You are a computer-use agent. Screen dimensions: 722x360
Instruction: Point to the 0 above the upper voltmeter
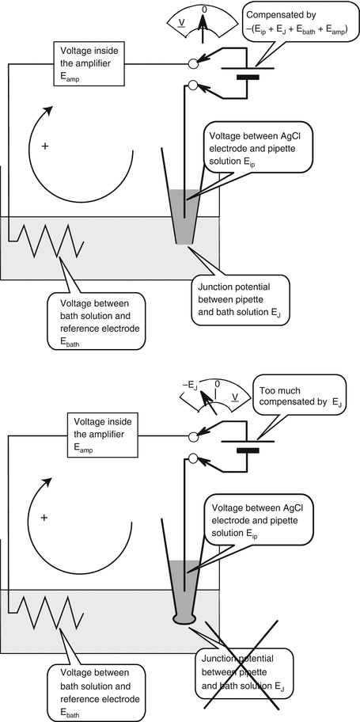[x=203, y=9]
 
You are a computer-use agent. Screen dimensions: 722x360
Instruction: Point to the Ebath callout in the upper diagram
[x=95, y=321]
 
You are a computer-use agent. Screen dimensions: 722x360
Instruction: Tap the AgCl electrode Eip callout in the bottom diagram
[x=257, y=519]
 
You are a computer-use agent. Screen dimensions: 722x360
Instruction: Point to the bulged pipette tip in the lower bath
[x=184, y=618]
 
